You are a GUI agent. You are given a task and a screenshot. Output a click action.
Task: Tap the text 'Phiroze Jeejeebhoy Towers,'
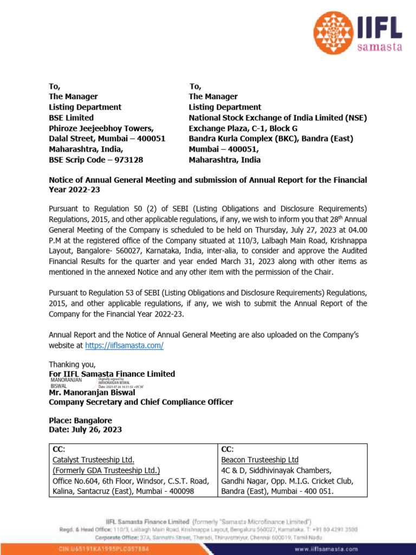pyautogui.click(x=101, y=128)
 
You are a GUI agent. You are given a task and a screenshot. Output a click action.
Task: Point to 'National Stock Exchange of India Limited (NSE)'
pyautogui.click(x=277, y=118)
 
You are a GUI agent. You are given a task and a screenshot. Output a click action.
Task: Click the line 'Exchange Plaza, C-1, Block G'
pyautogui.click(x=243, y=128)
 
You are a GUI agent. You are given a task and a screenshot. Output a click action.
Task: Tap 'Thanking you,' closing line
pyautogui.click(x=72, y=364)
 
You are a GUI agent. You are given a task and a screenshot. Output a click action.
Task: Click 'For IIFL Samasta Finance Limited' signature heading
pyautogui.click(x=112, y=374)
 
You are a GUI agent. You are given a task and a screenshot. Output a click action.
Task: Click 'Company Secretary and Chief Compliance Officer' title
pyautogui.click(x=141, y=402)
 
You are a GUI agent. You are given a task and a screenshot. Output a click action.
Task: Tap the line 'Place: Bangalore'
pyautogui.click(x=80, y=421)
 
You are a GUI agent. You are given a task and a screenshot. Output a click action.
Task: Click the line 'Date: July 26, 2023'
pyautogui.click(x=85, y=430)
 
